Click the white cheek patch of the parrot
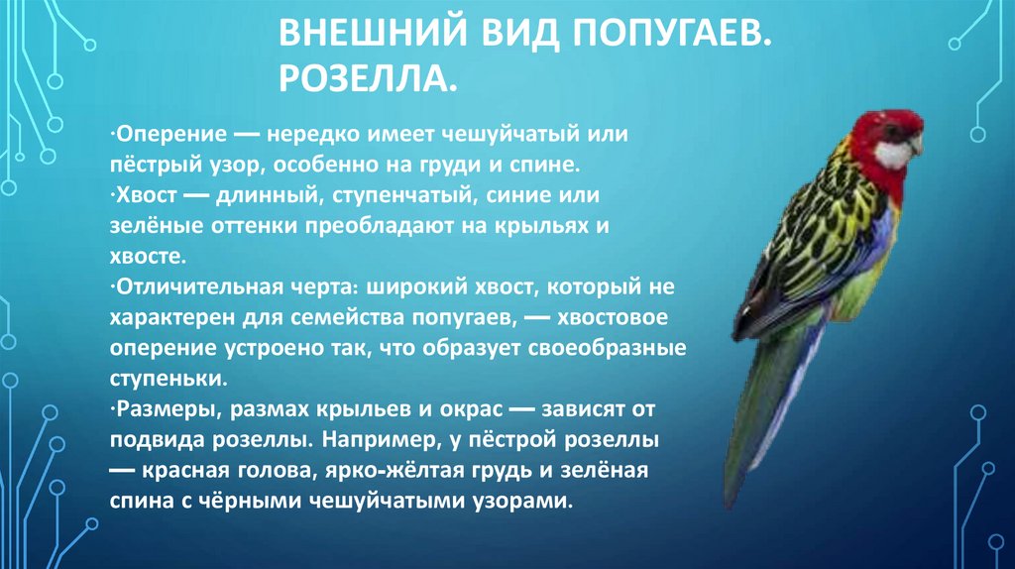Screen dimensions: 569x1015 click(893, 154)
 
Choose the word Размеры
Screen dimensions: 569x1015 click(158, 409)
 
